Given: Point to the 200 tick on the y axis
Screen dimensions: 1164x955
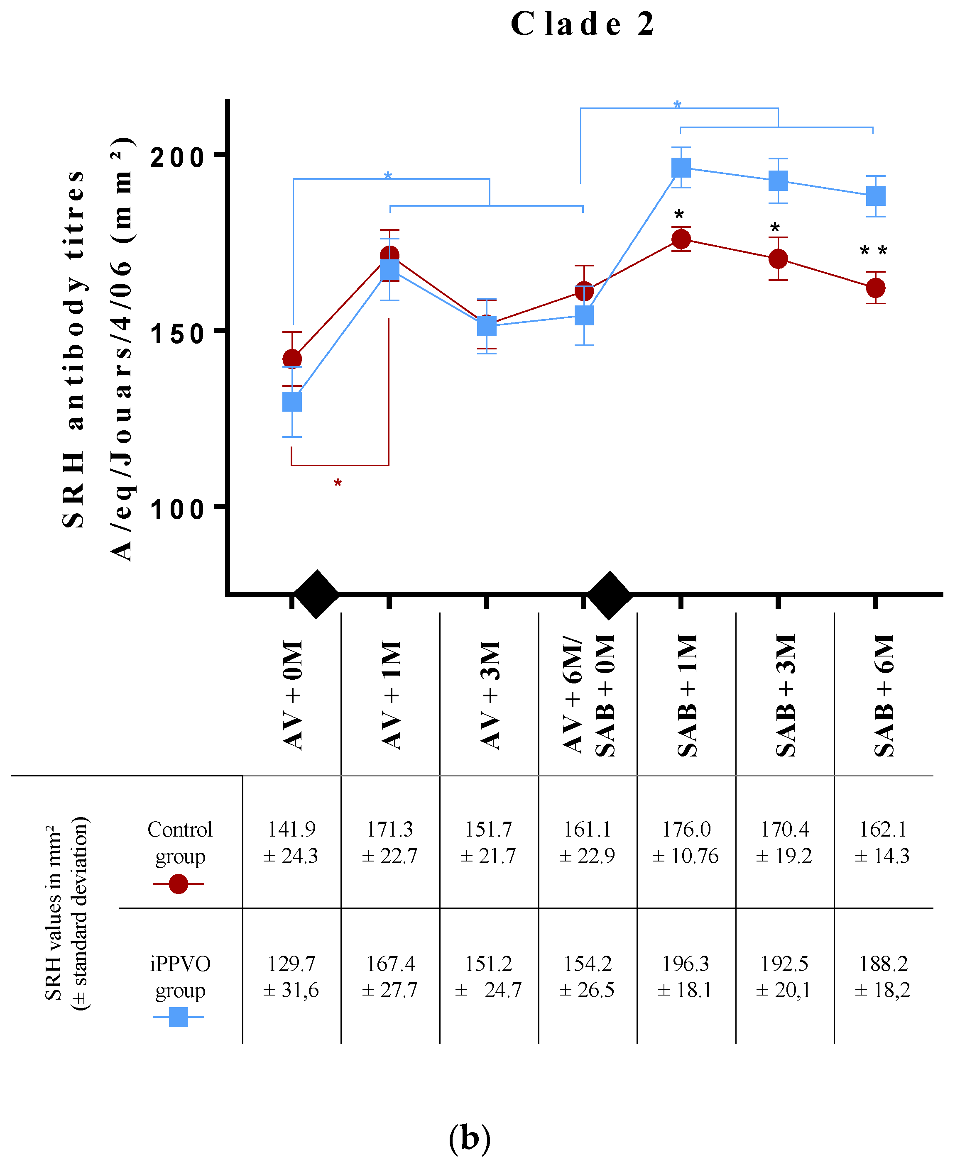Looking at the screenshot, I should (x=177, y=157).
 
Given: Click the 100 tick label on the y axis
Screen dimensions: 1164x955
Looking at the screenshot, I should (x=177, y=509).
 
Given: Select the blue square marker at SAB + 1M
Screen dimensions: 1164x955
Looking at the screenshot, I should (x=681, y=168).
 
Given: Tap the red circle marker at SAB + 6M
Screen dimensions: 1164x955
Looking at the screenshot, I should (x=875, y=288).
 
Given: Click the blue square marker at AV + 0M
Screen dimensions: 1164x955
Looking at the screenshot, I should (x=292, y=402).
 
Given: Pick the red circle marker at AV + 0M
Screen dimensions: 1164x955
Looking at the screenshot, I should (x=292, y=359).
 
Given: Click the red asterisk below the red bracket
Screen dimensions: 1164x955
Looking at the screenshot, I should (x=338, y=484).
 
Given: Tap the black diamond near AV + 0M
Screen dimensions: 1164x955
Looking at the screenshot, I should (x=316, y=594).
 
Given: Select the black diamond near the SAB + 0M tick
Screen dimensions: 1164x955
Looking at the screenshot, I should (x=609, y=594).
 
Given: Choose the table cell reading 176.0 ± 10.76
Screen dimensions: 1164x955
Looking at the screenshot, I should (x=686, y=842).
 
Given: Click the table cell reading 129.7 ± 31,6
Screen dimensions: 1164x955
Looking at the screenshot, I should (x=291, y=976).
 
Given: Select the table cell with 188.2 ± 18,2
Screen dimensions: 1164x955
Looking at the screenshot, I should (x=882, y=976).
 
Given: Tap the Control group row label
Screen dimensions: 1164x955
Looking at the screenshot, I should (x=180, y=842).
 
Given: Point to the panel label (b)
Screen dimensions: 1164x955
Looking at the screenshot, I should (x=469, y=1137).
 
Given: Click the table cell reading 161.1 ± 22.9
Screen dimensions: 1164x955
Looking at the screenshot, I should (x=587, y=842).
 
